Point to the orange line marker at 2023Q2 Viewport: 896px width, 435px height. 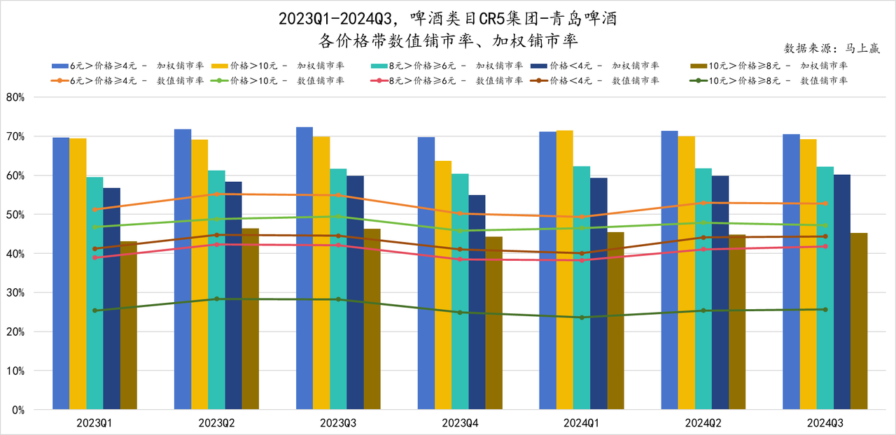point(217,194)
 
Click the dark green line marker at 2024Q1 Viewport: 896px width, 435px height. point(582,318)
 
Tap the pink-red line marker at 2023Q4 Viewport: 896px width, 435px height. point(461,259)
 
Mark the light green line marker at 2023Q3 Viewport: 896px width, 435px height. point(339,216)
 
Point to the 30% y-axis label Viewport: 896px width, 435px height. point(15,293)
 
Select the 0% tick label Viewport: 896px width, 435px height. point(17,410)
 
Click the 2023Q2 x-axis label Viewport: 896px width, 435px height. point(217,423)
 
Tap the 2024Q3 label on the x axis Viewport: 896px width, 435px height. point(825,423)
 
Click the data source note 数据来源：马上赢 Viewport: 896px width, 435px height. point(832,48)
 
